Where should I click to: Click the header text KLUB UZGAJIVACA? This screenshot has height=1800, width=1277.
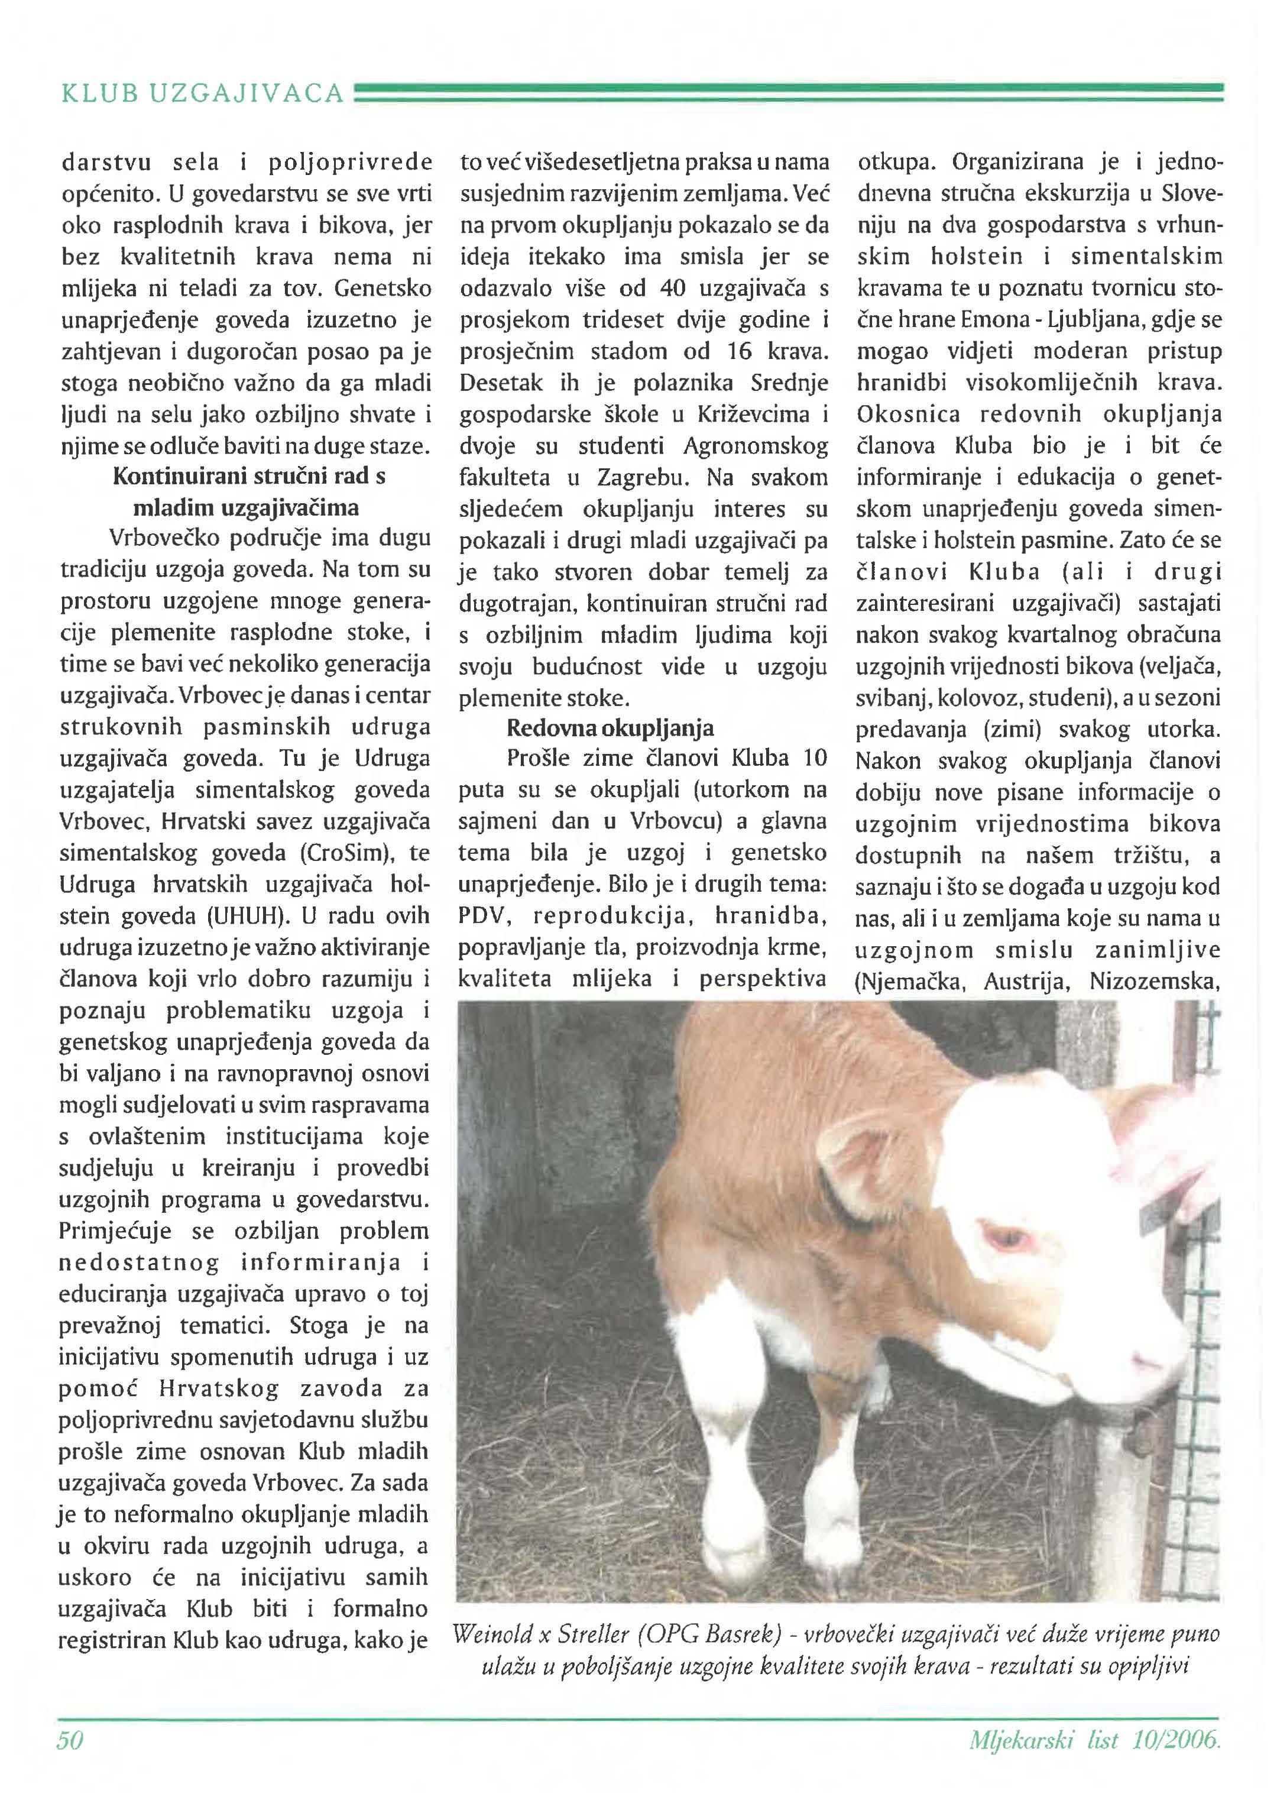[x=203, y=93]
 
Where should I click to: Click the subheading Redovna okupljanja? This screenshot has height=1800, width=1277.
[x=610, y=728]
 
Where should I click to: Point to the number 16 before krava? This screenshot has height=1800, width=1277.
[x=739, y=351]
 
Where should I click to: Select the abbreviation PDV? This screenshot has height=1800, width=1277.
[x=484, y=917]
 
